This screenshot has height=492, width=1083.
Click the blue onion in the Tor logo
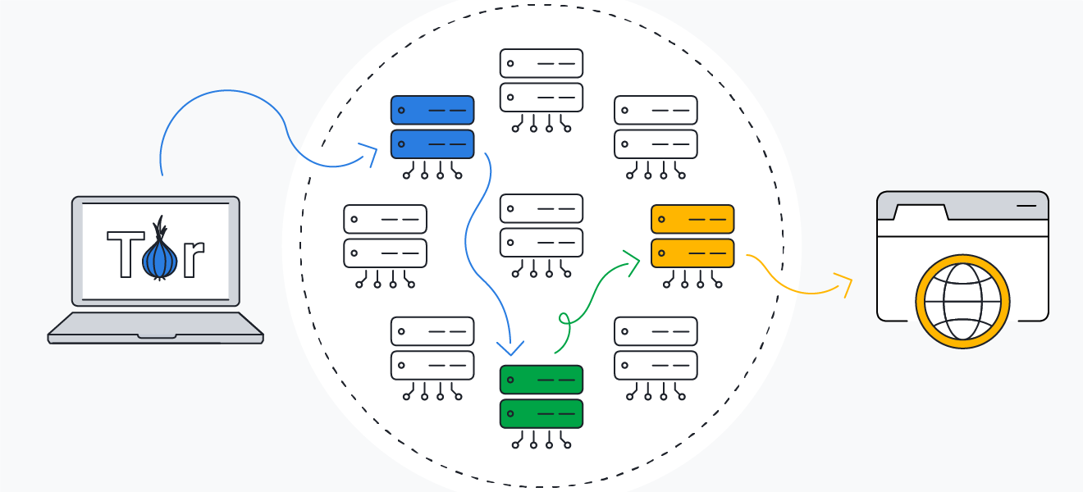click(x=159, y=256)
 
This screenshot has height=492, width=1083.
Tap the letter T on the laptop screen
click(x=124, y=253)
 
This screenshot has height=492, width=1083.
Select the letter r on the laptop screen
click(x=192, y=257)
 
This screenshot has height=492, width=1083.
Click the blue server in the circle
click(x=432, y=127)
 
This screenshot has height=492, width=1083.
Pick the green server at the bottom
click(x=541, y=397)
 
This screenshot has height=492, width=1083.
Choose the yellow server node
click(x=692, y=236)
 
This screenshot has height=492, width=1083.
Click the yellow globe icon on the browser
click(x=962, y=301)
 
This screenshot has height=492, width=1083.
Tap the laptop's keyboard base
click(x=156, y=327)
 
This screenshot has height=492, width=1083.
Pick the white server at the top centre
click(x=541, y=80)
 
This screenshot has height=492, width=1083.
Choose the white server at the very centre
click(x=541, y=225)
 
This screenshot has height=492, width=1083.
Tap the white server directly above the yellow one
click(x=656, y=127)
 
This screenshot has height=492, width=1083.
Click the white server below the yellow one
click(x=656, y=348)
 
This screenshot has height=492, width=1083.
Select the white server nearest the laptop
click(x=386, y=236)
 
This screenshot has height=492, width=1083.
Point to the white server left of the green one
click(x=432, y=348)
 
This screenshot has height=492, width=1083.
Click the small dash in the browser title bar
click(x=1026, y=206)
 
